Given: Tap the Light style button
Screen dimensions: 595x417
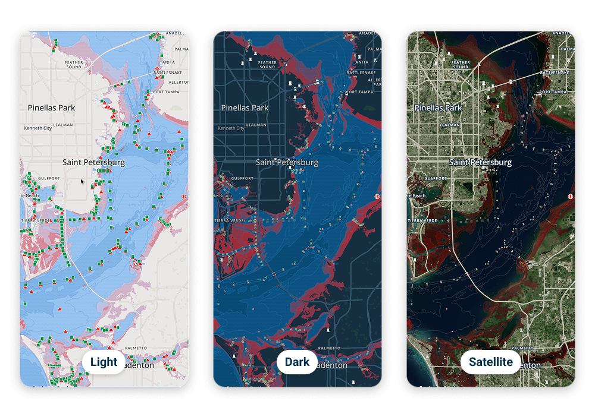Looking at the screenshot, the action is pos(104,362).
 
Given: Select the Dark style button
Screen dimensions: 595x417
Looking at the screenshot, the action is pos(297,362).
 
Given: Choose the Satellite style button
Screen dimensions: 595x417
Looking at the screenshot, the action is pos(491,362).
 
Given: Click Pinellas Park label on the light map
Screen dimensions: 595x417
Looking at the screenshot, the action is pos(52,108).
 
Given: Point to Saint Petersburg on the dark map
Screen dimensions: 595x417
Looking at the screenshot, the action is pos(287,162).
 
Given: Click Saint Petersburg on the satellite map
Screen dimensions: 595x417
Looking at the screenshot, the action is pos(480,162).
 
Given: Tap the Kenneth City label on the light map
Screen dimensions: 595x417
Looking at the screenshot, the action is pos(37,128).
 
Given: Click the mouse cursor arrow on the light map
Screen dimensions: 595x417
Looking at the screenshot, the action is pos(83,181).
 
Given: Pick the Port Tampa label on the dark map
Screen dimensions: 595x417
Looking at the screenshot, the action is pos(358,92).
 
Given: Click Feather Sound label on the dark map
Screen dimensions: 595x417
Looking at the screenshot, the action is pos(267,64).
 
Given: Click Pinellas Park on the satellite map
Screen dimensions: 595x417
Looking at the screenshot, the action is pos(438,108).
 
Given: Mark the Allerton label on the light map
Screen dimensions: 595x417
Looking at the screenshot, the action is pos(178,82).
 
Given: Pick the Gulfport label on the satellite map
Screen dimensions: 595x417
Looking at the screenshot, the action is pos(436,178).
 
